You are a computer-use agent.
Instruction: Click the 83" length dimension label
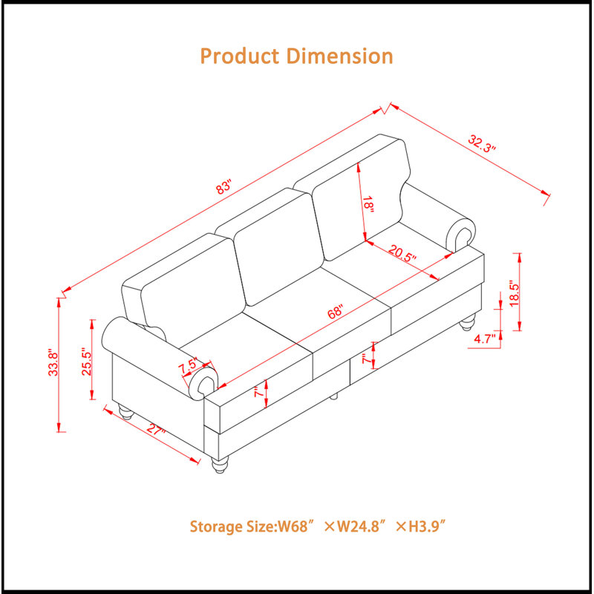pyautogui.click(x=223, y=187)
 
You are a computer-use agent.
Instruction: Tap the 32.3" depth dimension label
pyautogui.click(x=482, y=143)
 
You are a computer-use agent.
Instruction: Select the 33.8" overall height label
pyautogui.click(x=53, y=364)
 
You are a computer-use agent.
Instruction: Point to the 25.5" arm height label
pyautogui.click(x=87, y=362)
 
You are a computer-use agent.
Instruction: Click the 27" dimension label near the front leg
pyautogui.click(x=156, y=430)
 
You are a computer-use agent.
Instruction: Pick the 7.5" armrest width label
pyautogui.click(x=188, y=366)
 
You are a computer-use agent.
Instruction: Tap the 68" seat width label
pyautogui.click(x=336, y=311)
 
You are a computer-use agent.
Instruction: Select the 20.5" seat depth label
pyautogui.click(x=402, y=254)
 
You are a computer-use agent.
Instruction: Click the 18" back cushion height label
pyautogui.click(x=368, y=205)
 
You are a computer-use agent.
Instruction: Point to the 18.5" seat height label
pyautogui.click(x=514, y=293)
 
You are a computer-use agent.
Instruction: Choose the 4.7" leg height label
pyautogui.click(x=485, y=339)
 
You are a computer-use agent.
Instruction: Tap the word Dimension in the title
pyautogui.click(x=340, y=56)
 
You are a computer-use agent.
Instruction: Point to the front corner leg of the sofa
pyautogui.click(x=220, y=465)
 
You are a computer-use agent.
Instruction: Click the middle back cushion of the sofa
pyautogui.click(x=278, y=247)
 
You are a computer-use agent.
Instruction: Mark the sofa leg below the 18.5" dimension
pyautogui.click(x=467, y=323)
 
